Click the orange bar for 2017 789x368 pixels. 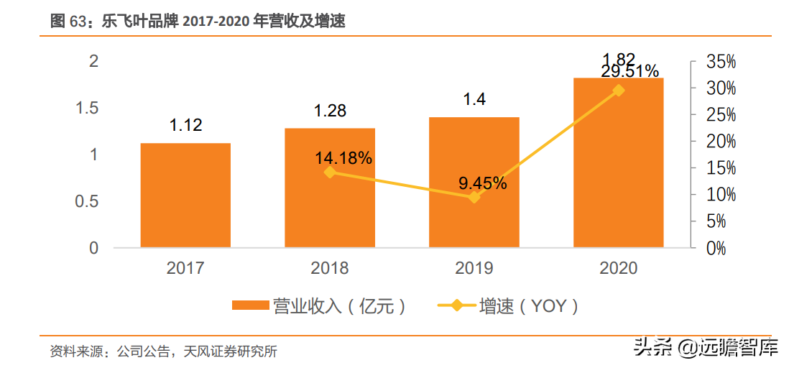tap(185, 195)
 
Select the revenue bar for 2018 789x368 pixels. tap(330, 188)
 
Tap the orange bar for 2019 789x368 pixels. tap(474, 183)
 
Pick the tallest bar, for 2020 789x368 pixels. tap(619, 162)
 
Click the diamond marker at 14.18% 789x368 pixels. tap(330, 172)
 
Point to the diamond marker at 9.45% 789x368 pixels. tap(474, 198)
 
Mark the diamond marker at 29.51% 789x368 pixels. tap(619, 91)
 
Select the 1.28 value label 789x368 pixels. tap(330, 110)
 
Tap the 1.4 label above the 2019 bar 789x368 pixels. tap(474, 99)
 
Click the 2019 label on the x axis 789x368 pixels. tap(474, 268)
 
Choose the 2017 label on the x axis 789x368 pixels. tap(185, 268)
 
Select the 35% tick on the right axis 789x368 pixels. tap(721, 63)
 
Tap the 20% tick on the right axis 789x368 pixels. tap(721, 142)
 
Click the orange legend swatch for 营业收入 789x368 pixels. tap(250, 305)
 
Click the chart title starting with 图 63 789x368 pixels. tap(197, 21)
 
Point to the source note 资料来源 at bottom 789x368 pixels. tap(164, 351)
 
